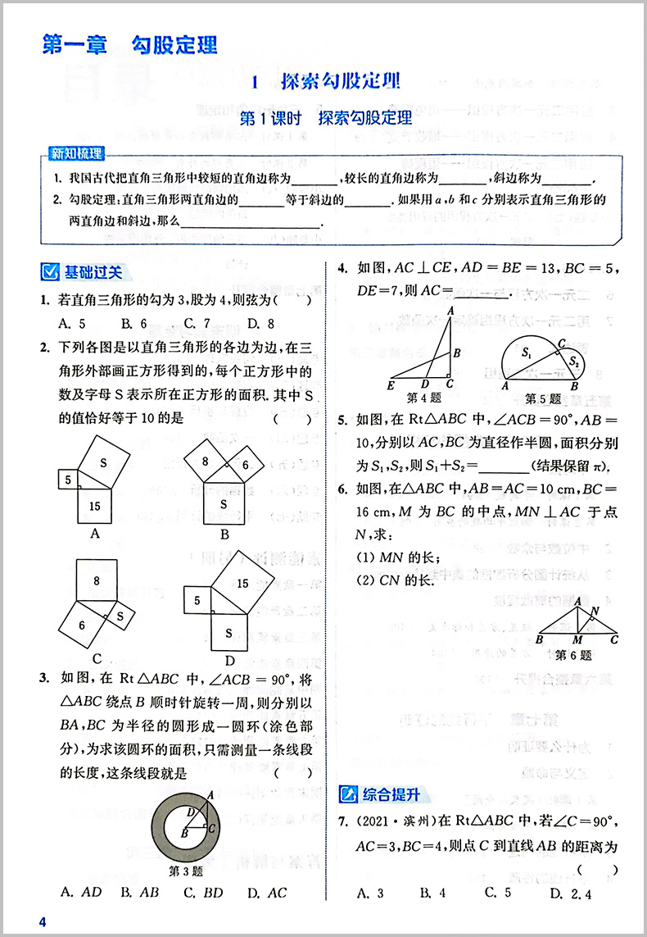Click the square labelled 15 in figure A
95,505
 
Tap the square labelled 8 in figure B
204,462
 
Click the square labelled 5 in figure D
197,601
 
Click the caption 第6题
573,655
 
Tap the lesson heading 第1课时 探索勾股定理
325,118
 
